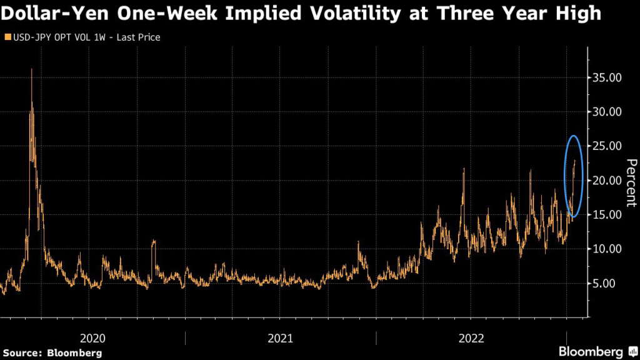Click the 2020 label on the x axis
tap(93, 338)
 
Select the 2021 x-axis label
tap(281, 338)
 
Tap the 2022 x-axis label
tap(471, 338)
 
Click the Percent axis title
tap(631, 182)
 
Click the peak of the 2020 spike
tap(31, 69)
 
